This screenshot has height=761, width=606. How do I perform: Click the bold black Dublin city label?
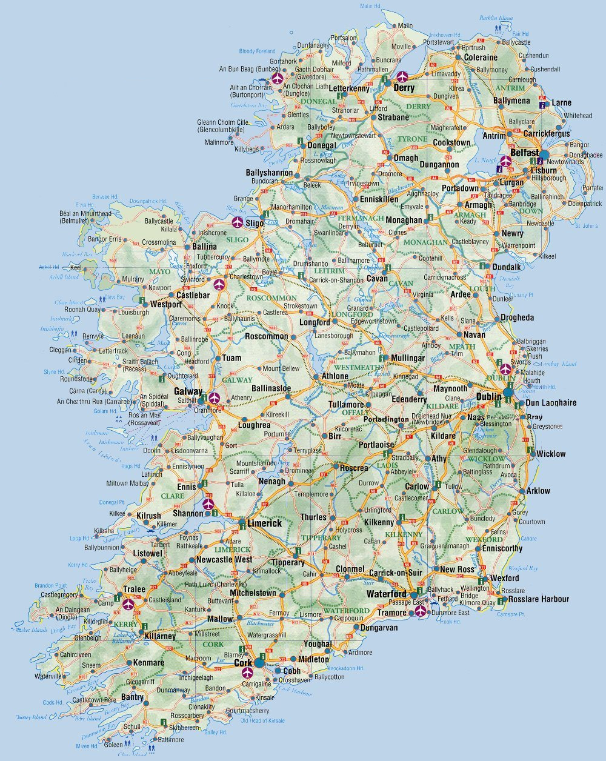(x=488, y=396)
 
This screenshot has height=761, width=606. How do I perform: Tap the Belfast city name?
(x=524, y=153)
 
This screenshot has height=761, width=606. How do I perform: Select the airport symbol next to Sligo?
(x=237, y=222)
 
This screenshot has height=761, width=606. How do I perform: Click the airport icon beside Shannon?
(x=208, y=503)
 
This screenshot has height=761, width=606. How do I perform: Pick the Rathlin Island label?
(x=498, y=18)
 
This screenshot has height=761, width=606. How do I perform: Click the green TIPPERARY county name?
(x=321, y=537)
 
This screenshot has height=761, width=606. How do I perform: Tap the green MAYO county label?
(x=160, y=271)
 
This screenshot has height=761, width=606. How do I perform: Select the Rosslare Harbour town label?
(x=539, y=599)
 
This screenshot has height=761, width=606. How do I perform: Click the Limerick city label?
(x=264, y=523)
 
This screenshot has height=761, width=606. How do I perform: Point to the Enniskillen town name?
(x=379, y=199)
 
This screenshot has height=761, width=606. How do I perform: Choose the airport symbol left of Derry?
(x=402, y=77)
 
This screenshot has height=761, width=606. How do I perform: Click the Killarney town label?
(x=160, y=636)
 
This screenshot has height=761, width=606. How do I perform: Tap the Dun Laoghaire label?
(x=551, y=402)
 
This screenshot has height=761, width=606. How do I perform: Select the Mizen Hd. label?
(x=87, y=746)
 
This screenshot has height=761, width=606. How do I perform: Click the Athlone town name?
(x=335, y=376)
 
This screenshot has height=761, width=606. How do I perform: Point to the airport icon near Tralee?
(x=128, y=603)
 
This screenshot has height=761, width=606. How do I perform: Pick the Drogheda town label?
(x=517, y=317)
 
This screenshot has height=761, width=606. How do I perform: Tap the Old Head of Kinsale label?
(x=262, y=720)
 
